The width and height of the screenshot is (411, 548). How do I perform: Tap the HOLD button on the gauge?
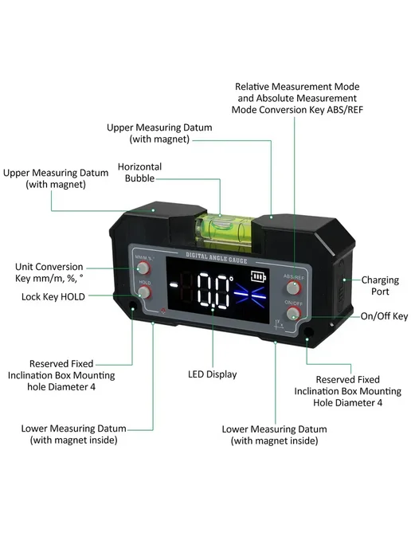pos(144,292)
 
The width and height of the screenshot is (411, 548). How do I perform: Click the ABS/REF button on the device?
pos(293,288)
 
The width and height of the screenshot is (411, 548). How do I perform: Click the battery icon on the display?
pos(258,276)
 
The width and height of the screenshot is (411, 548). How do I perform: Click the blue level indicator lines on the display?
pos(250,294)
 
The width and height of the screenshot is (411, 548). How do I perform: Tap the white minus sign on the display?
pos(174,285)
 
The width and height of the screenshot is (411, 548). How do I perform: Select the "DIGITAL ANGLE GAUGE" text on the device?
pos(217,257)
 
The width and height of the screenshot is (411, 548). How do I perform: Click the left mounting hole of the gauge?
pos(132,307)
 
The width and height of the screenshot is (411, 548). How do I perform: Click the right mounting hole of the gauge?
pos(308,331)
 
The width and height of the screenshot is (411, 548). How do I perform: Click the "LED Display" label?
pos(213,374)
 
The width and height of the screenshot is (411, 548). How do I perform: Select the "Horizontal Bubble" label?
pos(140,172)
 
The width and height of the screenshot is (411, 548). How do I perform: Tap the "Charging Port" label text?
pos(380,285)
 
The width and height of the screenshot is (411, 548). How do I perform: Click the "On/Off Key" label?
pos(384,316)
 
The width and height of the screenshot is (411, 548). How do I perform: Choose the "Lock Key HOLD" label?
pos(53,297)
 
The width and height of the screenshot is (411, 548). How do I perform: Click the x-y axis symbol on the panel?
pos(279,325)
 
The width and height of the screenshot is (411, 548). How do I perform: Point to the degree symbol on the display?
pos(231,279)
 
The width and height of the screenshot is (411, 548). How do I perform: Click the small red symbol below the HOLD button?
pos(162,311)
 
